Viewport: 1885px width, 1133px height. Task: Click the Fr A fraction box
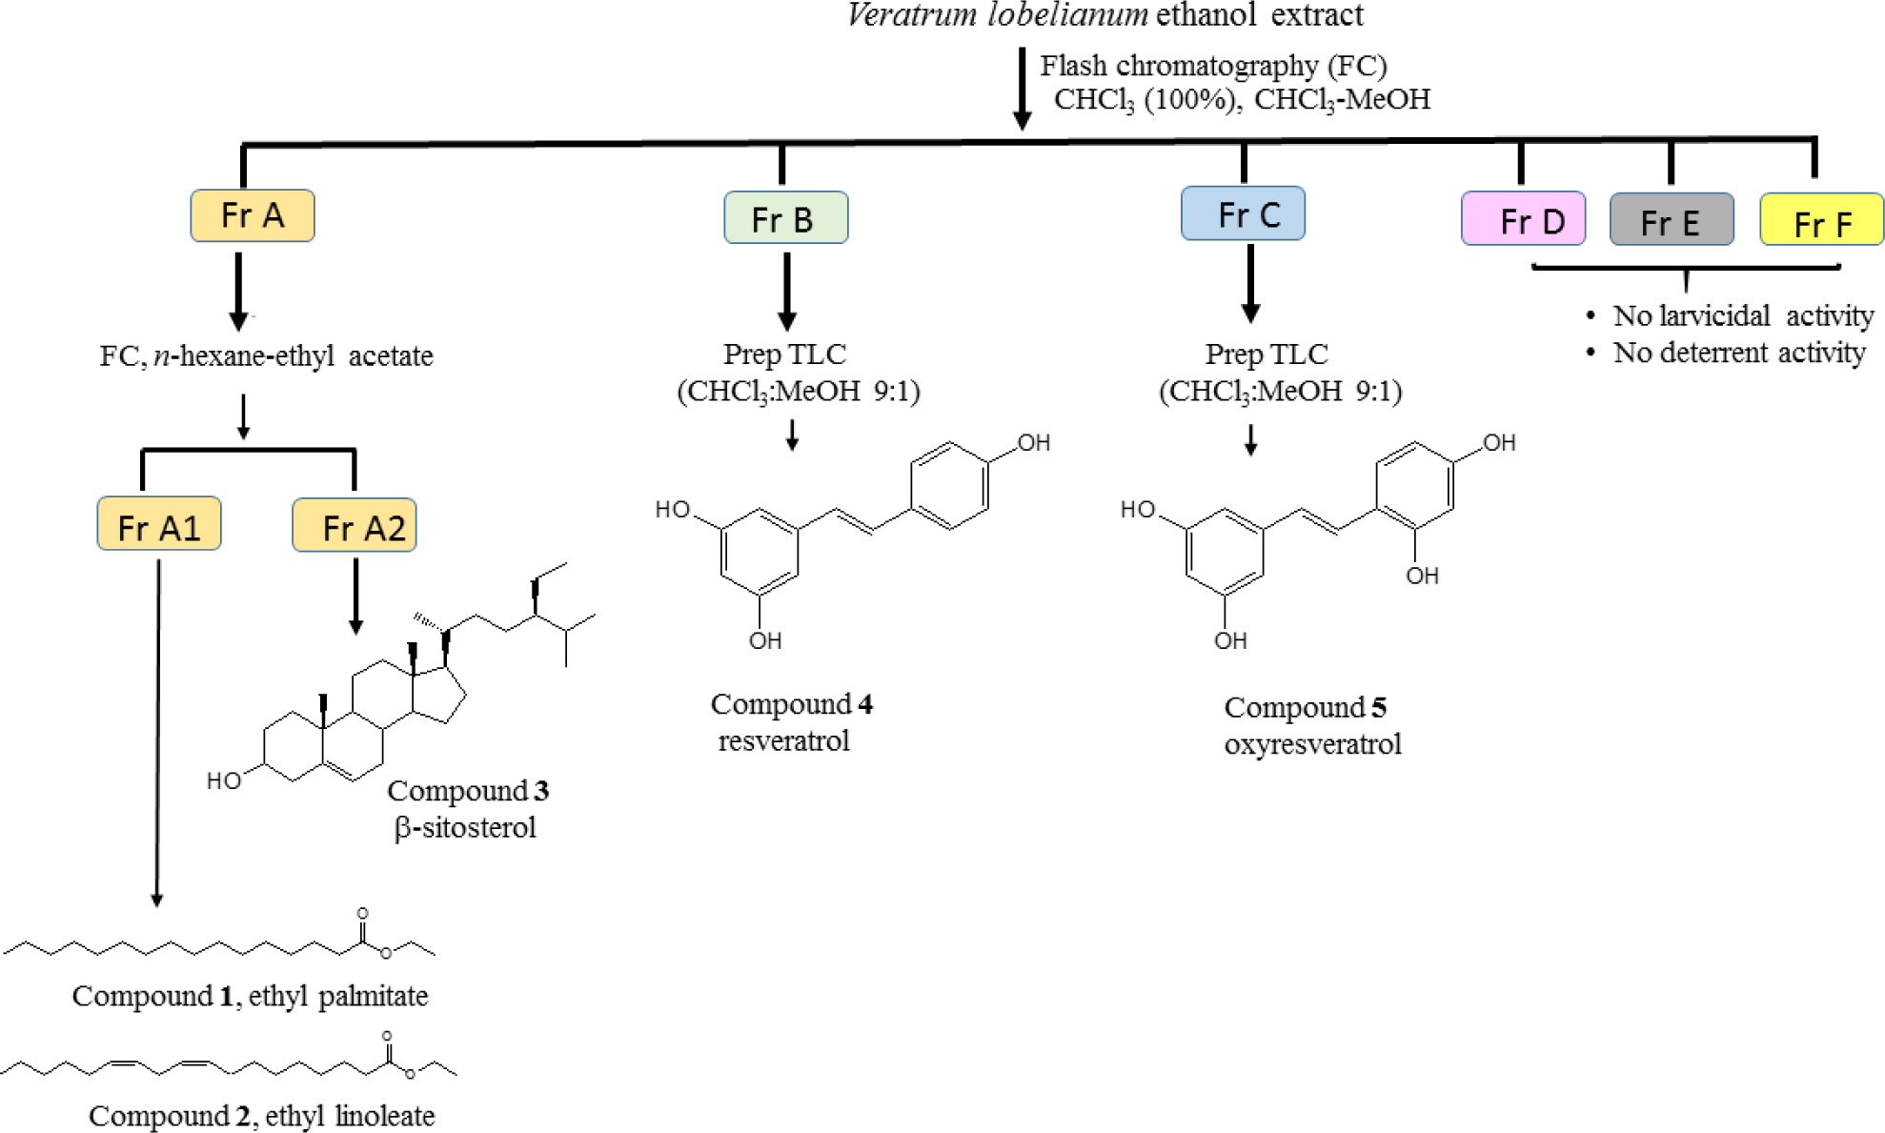[x=253, y=215]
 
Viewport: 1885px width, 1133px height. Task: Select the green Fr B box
[x=785, y=218]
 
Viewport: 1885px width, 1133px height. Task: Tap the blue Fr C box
[x=1243, y=213]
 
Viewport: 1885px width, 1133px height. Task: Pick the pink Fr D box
[x=1523, y=219]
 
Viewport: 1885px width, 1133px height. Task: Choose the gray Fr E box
[x=1671, y=220]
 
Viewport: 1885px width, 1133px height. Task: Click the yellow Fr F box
[x=1821, y=221]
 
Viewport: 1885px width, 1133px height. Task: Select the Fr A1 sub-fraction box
[x=159, y=524]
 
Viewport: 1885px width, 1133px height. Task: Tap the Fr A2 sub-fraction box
[x=355, y=525]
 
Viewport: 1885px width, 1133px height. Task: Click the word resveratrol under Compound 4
[x=783, y=740]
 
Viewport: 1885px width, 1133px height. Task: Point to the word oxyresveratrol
[x=1312, y=743]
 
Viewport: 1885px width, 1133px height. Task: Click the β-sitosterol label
[x=465, y=827]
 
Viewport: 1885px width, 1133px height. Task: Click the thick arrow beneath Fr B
[x=786, y=291]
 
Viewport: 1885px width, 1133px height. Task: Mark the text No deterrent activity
[x=1738, y=353]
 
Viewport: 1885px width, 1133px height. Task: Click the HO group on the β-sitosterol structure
[x=224, y=781]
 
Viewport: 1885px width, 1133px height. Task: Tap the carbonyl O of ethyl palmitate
[x=362, y=914]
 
